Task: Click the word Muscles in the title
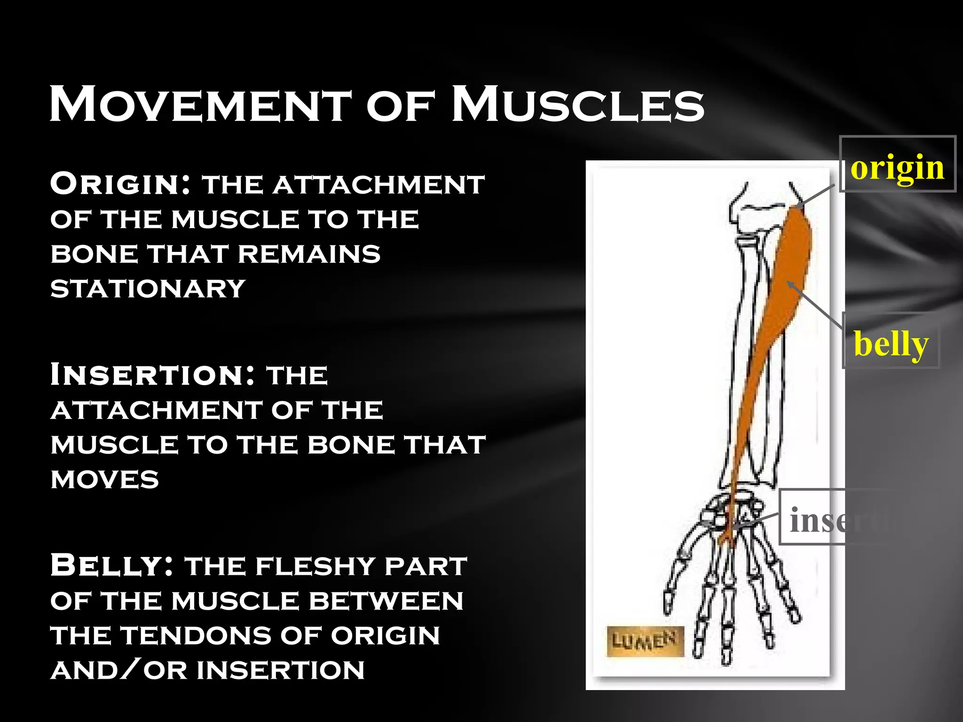tap(578, 104)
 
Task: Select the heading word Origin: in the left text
tap(120, 184)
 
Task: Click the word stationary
tap(148, 288)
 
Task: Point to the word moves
tap(104, 479)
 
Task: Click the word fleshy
tap(317, 566)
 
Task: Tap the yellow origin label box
tap(897, 165)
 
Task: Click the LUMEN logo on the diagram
tap(644, 641)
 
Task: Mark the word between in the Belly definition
tap(386, 601)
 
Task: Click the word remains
tap(309, 254)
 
